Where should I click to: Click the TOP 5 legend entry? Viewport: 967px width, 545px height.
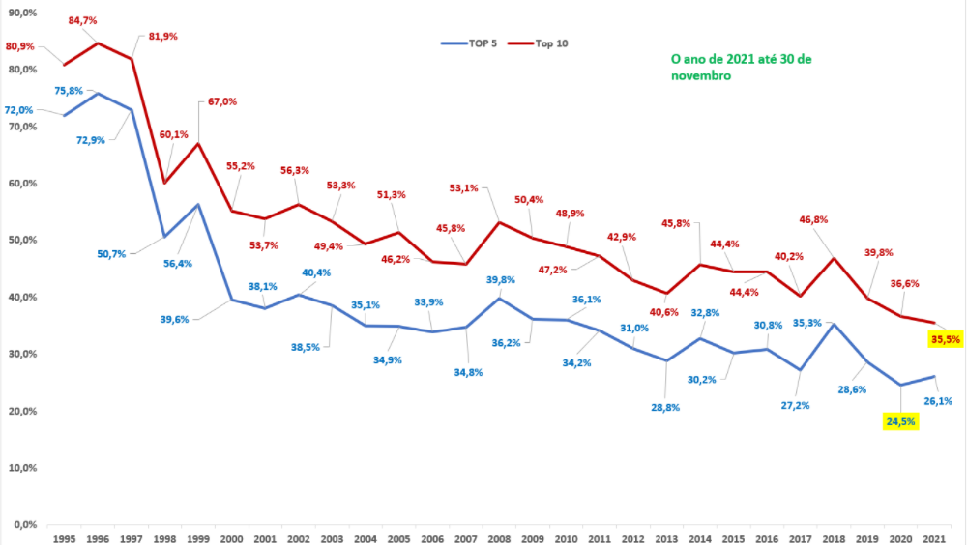(469, 43)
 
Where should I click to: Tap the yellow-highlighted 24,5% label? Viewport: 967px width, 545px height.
(899, 421)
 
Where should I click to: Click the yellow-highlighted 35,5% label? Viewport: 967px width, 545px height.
(945, 339)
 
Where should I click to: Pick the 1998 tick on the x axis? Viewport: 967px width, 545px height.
(164, 537)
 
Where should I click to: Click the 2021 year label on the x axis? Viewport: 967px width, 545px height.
(935, 537)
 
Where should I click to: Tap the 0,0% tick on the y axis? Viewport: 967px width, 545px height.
(23, 524)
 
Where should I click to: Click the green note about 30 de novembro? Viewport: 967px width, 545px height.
(742, 67)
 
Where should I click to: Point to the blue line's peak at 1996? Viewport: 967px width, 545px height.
(98, 93)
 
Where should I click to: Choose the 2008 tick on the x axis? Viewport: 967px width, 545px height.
(499, 537)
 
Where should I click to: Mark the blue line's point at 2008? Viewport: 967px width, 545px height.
(499, 298)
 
